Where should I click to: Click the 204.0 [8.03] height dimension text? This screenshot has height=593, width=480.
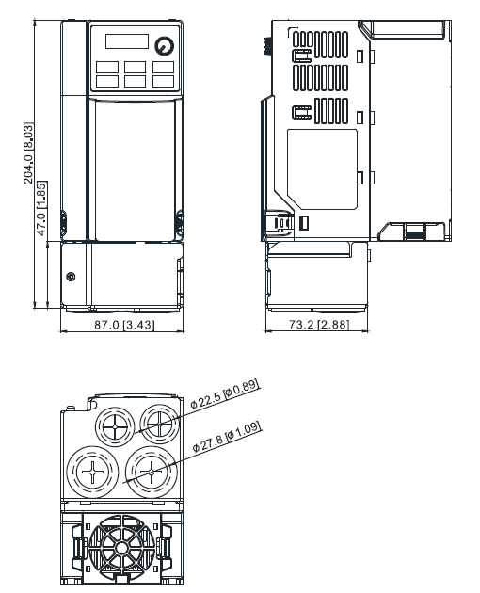click(29, 153)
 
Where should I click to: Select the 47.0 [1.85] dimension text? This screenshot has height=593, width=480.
click(41, 208)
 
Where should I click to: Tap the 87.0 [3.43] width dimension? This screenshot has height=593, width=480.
click(124, 325)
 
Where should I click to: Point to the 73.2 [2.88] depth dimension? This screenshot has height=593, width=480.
click(319, 325)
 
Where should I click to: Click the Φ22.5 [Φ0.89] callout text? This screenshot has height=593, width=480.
click(225, 393)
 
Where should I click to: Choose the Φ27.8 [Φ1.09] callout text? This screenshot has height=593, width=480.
click(227, 437)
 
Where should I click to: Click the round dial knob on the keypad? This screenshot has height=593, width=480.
click(164, 45)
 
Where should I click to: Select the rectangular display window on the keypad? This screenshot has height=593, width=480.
click(127, 41)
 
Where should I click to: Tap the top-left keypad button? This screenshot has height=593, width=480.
click(107, 68)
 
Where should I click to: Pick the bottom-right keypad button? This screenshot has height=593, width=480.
click(164, 82)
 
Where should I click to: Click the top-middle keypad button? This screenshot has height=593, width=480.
click(135, 68)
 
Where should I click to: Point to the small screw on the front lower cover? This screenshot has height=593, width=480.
click(71, 277)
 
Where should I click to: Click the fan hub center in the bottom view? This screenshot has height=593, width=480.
click(121, 547)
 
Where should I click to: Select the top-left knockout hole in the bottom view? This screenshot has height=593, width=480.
click(115, 426)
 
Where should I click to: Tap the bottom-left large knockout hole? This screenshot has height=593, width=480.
click(92, 472)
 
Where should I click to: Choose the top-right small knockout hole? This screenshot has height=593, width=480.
click(160, 424)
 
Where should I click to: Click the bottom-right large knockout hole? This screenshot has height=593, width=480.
click(152, 472)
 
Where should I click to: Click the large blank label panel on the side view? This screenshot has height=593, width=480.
click(322, 169)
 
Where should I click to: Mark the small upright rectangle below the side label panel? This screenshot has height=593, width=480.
click(304, 223)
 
